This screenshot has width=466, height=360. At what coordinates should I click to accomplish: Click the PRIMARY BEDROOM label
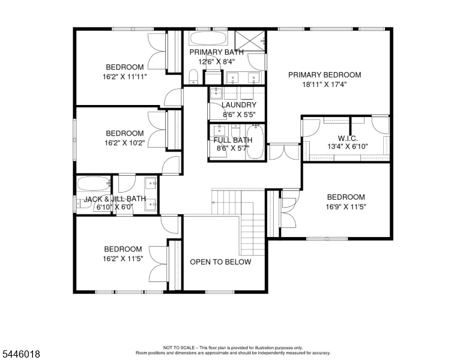click(x=324, y=75)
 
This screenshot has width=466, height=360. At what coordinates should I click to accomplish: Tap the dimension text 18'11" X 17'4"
click(x=324, y=85)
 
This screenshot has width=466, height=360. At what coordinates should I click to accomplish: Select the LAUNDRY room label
click(x=239, y=105)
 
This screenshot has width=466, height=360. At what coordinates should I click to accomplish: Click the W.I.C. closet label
click(x=348, y=139)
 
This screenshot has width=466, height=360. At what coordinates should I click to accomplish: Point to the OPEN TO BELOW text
click(x=220, y=262)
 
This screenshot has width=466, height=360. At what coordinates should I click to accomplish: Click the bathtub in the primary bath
click(x=208, y=38)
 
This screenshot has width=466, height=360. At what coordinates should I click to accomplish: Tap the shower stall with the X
click(x=250, y=41)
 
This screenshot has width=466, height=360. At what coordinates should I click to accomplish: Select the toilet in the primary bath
click(x=193, y=77)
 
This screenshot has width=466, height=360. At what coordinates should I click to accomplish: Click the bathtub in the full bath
click(x=255, y=142)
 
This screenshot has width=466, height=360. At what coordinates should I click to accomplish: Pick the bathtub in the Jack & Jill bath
click(x=93, y=184)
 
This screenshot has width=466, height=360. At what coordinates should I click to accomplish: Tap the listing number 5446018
click(x=21, y=354)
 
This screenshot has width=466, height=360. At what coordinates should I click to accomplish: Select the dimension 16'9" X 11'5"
click(x=346, y=207)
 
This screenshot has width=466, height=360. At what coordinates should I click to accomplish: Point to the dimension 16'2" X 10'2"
click(x=124, y=143)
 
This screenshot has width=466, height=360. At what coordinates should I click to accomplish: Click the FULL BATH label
click(x=233, y=140)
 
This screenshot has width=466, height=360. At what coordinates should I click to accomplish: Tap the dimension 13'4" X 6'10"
click(x=348, y=146)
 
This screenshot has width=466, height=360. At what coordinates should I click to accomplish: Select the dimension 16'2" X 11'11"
click(x=124, y=77)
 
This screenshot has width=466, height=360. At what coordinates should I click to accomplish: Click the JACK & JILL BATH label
click(x=115, y=199)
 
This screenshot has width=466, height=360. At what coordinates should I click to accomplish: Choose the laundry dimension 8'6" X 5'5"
click(x=239, y=115)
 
